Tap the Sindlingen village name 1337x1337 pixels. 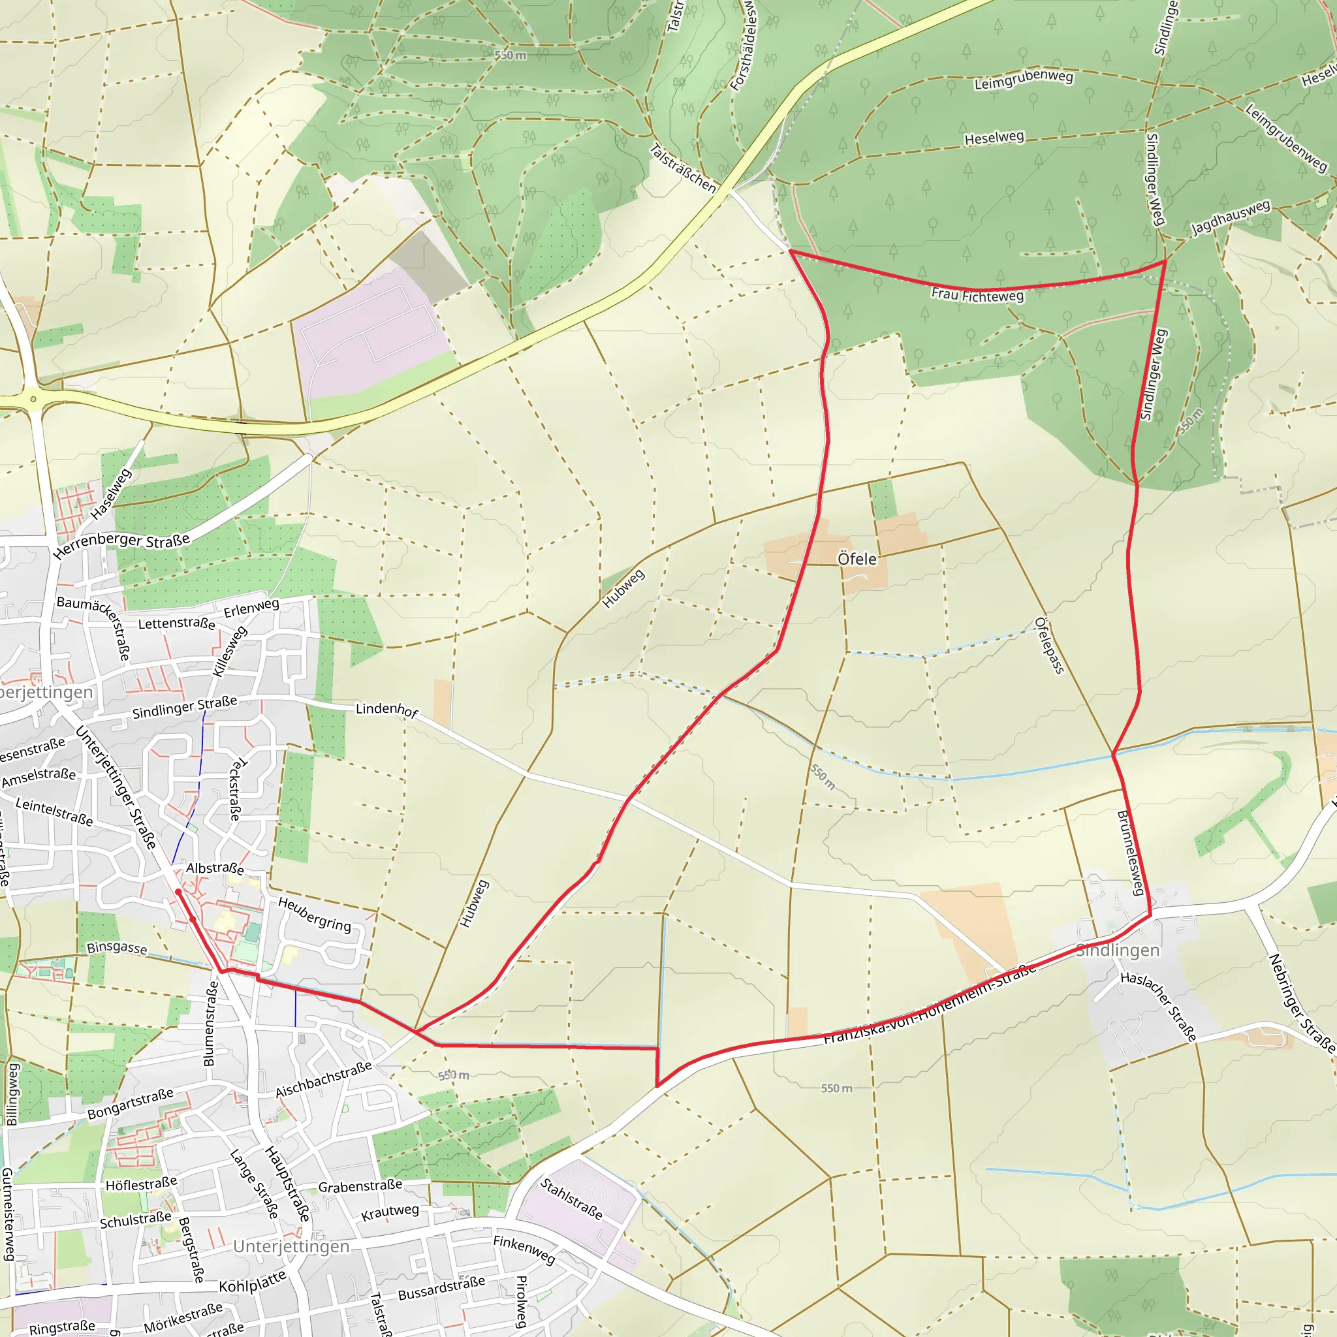tap(1118, 950)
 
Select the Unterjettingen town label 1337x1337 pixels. tap(291, 1246)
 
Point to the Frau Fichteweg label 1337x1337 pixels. tap(977, 296)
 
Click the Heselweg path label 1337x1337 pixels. tap(994, 138)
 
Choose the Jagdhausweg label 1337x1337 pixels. tap(1231, 217)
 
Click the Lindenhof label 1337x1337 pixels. tap(387, 710)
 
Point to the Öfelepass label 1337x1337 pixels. tap(1048, 645)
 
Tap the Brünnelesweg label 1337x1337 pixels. tap(1131, 853)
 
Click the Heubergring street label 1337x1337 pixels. tap(315, 914)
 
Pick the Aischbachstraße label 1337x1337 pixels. tap(324, 1080)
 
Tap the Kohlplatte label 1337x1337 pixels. tap(253, 1282)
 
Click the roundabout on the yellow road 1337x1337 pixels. tap(33, 400)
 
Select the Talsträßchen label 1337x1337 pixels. tap(682, 168)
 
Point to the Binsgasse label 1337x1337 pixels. tap(116, 947)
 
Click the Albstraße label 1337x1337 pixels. tap(215, 868)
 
